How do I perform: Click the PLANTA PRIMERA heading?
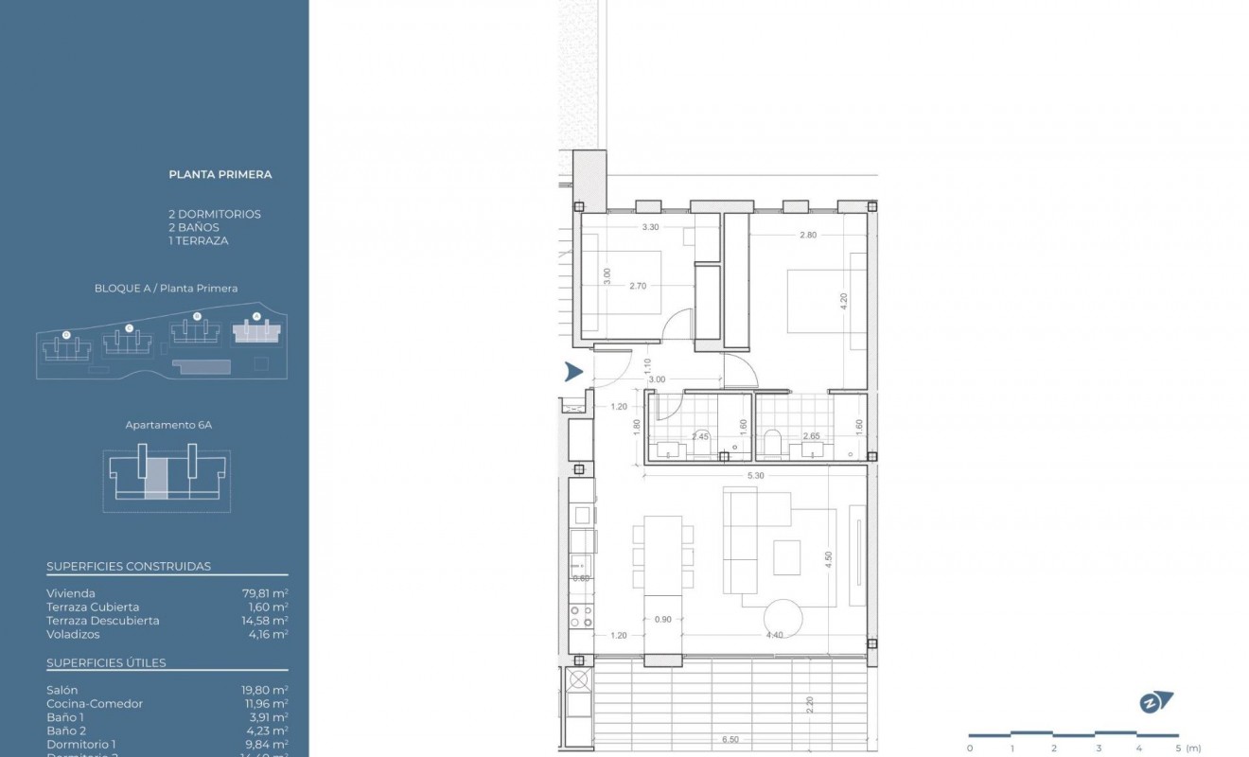pyautogui.click(x=220, y=174)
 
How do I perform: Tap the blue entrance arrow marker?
pyautogui.click(x=573, y=372)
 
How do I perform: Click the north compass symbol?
pyautogui.click(x=1155, y=702)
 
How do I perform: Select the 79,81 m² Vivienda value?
pyautogui.click(x=265, y=593)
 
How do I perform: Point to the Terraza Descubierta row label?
pyautogui.click(x=102, y=621)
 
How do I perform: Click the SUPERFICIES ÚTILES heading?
pyautogui.click(x=106, y=662)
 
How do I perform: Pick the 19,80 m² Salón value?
pyautogui.click(x=265, y=691)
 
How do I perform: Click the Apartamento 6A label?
pyautogui.click(x=168, y=425)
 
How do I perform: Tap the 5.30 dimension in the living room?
pyautogui.click(x=754, y=476)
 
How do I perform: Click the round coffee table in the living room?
pyautogui.click(x=784, y=621)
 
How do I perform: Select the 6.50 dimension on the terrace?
pyautogui.click(x=730, y=740)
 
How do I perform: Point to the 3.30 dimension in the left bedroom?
pyautogui.click(x=650, y=227)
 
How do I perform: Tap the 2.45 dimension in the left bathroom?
pyautogui.click(x=700, y=436)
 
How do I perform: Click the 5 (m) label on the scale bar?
pyautogui.click(x=1186, y=748)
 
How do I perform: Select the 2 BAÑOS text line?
pyautogui.click(x=193, y=227)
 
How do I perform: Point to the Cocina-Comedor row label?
pyautogui.click(x=95, y=704)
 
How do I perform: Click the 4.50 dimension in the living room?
pyautogui.click(x=828, y=558)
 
